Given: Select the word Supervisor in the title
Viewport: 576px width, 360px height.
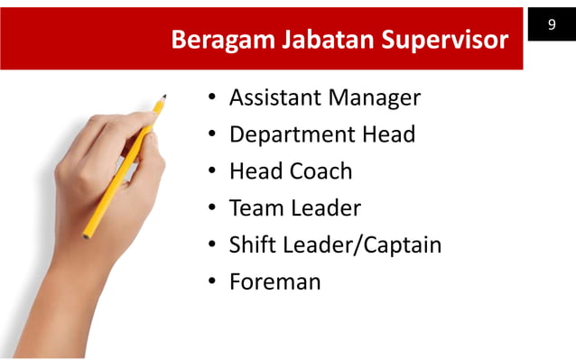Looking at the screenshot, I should tap(442, 42).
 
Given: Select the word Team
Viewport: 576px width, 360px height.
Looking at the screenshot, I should tap(256, 208).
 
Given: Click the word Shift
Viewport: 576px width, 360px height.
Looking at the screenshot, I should tap(253, 245).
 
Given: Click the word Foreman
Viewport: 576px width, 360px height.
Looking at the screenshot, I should tap(275, 282).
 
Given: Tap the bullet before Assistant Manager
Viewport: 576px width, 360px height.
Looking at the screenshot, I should tap(209, 98).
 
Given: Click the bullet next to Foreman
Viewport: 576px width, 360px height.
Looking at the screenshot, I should tap(209, 282).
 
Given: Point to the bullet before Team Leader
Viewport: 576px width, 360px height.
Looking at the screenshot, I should tap(209, 209).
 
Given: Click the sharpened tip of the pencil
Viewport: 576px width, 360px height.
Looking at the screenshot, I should tap(164, 96).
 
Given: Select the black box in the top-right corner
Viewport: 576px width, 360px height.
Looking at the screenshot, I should tap(551, 24).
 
